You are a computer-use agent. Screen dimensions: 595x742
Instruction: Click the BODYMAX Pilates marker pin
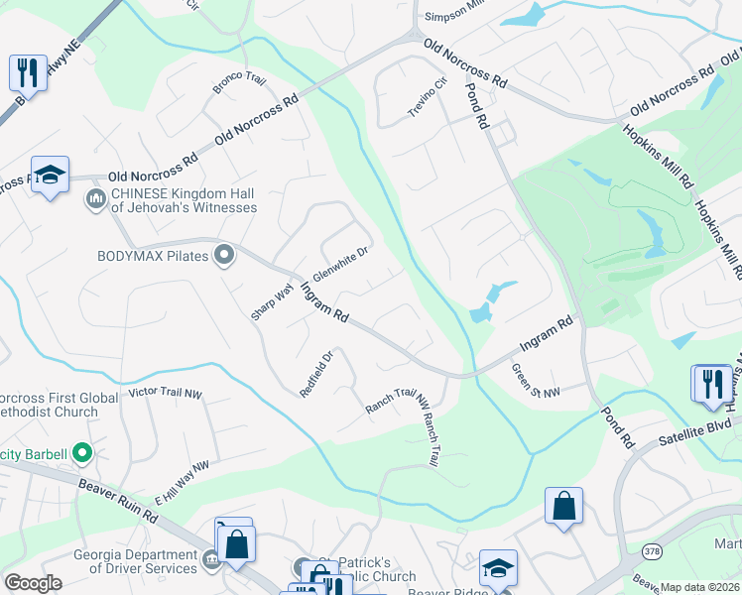(224, 256)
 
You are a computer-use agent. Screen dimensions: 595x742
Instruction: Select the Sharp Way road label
(265, 300)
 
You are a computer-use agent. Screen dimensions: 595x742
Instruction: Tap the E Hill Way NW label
(183, 480)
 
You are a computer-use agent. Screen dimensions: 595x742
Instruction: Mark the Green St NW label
(536, 381)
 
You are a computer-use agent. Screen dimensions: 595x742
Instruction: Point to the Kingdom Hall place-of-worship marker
(96, 199)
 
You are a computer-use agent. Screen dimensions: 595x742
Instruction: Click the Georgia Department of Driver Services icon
(211, 561)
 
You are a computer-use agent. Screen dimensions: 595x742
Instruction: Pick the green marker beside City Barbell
(82, 455)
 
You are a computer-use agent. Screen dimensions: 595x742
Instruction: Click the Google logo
(33, 583)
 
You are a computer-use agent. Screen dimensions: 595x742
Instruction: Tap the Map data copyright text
(699, 587)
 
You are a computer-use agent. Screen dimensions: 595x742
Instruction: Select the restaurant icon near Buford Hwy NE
(27, 73)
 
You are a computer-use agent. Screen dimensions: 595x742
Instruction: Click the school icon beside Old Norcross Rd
(50, 176)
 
